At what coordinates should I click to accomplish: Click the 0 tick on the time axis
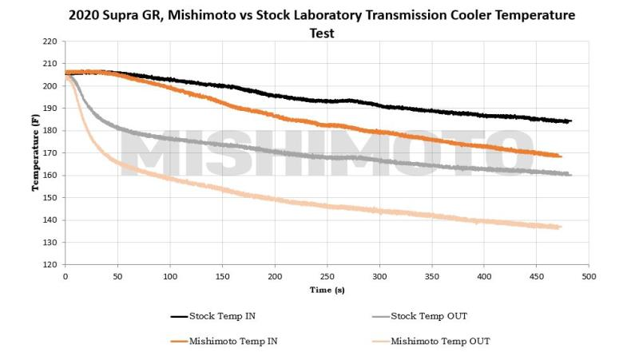[x=65, y=276]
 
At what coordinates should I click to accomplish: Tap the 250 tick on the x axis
[x=327, y=276]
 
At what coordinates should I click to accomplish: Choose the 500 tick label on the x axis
[x=589, y=276]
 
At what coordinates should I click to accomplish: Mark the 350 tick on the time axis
[x=431, y=276]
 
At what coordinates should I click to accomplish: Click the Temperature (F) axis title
[x=34, y=152]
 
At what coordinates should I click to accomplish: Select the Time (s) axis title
[x=327, y=291]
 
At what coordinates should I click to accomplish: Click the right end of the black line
[x=570, y=121]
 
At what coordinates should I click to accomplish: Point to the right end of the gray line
[x=570, y=174]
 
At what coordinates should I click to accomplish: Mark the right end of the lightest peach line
[x=561, y=227]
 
